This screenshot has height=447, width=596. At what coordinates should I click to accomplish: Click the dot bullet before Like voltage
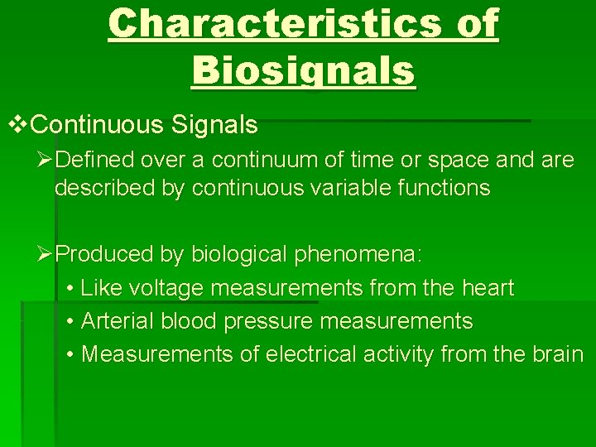coord(70,289)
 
